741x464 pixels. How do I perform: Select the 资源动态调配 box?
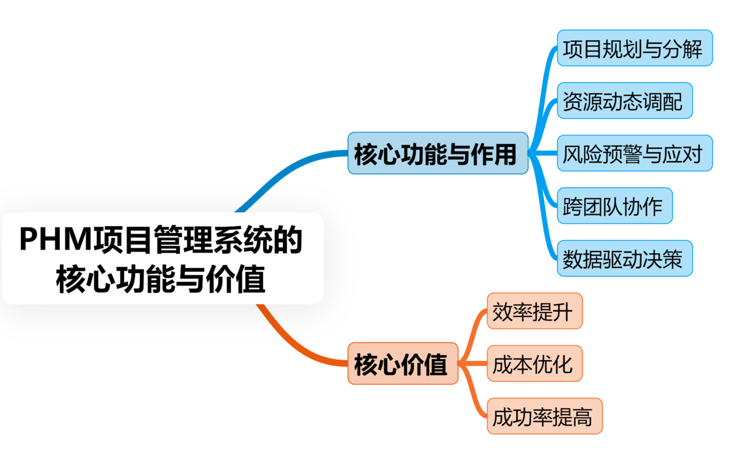point(624,101)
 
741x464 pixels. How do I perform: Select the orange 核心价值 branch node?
point(402,364)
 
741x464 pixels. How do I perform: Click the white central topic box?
point(162,258)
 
